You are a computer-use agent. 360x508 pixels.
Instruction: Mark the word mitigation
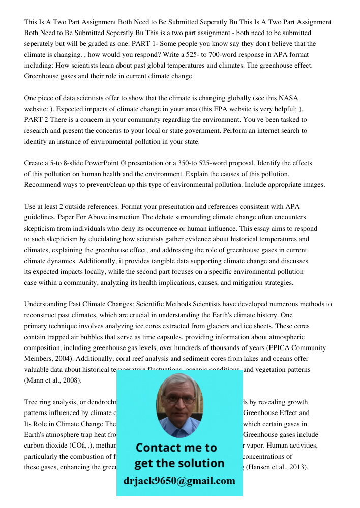[x=244, y=283]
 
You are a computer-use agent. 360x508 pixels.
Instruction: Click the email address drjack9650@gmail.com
[x=179, y=481]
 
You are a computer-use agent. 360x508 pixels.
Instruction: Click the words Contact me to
[x=176, y=448]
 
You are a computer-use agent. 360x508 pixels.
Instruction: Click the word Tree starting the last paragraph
[x=32, y=402]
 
